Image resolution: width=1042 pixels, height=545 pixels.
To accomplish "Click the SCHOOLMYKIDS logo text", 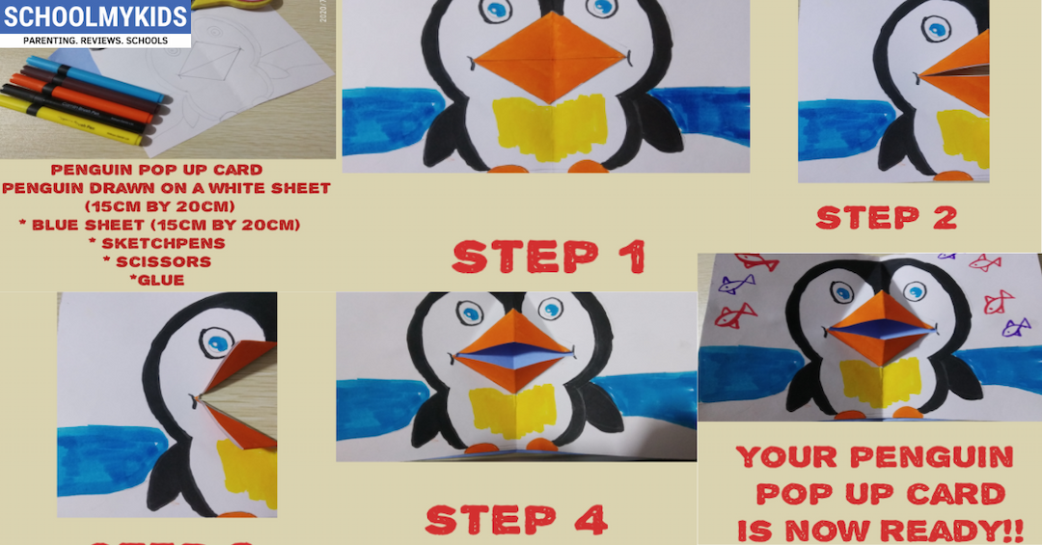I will point(95,18).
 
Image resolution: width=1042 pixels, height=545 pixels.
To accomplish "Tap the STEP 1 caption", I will point(548,258).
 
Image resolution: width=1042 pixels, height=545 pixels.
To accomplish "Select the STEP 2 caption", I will point(886,217).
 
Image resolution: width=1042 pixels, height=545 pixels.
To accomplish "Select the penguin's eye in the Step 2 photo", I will point(934,30).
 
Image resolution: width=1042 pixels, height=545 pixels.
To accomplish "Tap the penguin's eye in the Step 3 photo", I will point(218,345).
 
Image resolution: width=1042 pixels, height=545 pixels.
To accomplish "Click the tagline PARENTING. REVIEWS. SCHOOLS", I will point(95,41).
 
